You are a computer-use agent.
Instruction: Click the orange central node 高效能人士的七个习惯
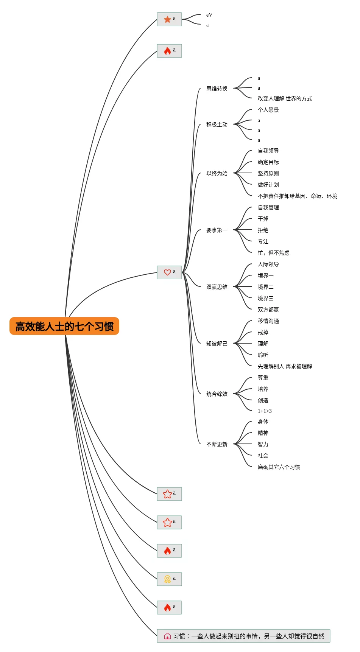point(64,326)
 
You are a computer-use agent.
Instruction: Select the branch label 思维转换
point(217,89)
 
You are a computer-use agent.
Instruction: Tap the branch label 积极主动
point(217,124)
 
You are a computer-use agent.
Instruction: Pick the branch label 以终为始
point(217,173)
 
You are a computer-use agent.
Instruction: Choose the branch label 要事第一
point(217,230)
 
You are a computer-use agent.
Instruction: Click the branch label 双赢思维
point(217,287)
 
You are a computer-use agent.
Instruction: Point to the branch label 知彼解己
point(217,344)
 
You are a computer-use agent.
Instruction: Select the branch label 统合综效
point(217,394)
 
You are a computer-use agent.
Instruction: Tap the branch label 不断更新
point(217,444)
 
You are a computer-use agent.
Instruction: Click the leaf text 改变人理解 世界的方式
point(285,98)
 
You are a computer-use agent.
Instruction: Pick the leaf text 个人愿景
point(268,110)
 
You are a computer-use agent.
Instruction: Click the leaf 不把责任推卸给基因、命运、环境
point(297,196)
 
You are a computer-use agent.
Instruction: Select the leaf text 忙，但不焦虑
point(273,253)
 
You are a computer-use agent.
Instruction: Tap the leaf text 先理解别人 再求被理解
point(285,366)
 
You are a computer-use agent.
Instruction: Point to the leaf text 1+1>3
point(265,411)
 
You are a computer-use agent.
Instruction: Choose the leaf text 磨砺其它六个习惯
point(279,467)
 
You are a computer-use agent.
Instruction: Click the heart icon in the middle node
point(167,272)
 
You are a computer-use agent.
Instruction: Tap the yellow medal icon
point(167,579)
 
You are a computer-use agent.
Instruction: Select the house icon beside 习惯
point(167,636)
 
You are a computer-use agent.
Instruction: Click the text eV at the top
point(209,15)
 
